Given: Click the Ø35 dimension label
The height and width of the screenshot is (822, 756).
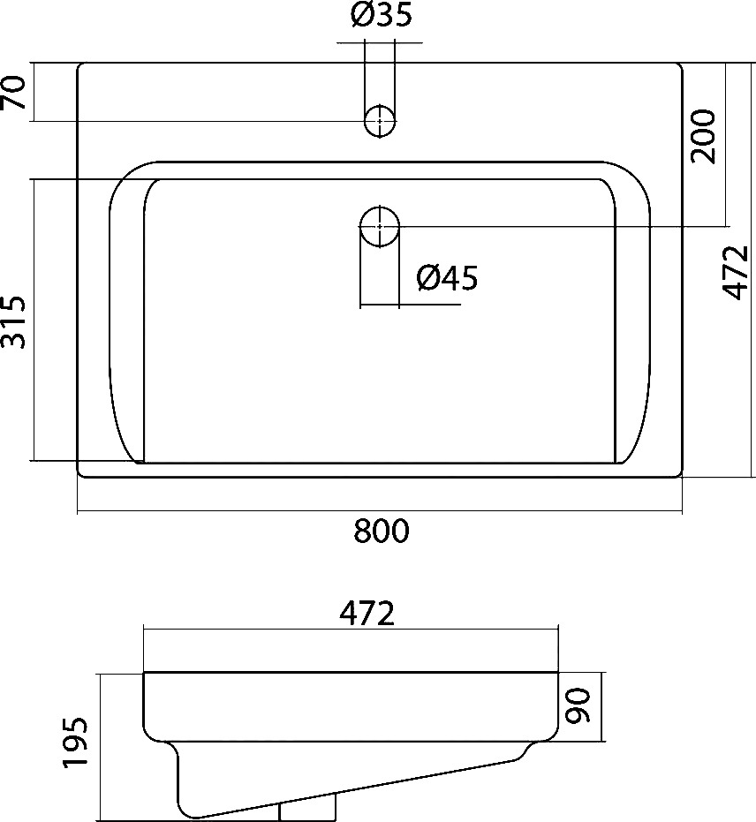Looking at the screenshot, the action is point(382,16).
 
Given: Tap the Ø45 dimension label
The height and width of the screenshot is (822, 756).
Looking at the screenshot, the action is point(447,278).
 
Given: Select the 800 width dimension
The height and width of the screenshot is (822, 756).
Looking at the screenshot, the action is point(382,531).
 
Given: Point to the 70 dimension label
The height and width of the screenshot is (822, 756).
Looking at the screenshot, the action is point(13,92).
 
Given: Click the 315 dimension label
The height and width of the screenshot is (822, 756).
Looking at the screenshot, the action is point(13,322).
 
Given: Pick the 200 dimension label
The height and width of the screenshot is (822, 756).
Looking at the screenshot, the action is point(703,136).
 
